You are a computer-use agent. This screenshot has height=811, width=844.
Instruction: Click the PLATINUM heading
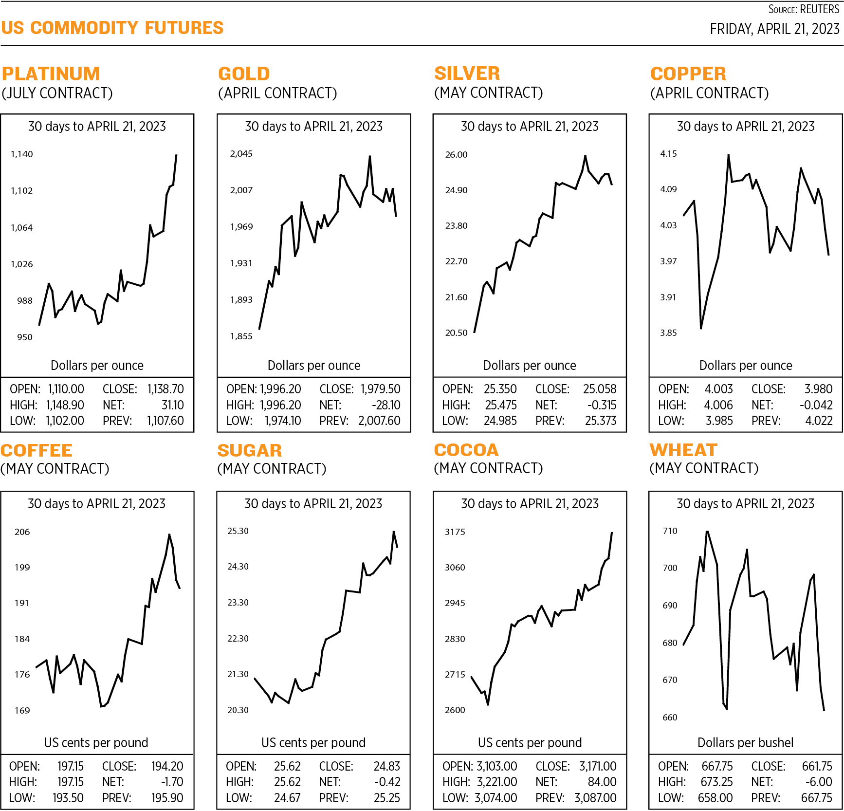[x=51, y=74]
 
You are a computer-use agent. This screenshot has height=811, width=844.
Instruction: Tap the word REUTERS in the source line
[x=820, y=9]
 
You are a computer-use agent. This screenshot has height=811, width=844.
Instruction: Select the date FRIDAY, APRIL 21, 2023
[x=774, y=29]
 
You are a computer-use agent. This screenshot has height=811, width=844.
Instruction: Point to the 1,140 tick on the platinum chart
[x=22, y=154]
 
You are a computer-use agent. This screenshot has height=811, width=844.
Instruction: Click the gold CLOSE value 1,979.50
[x=380, y=389]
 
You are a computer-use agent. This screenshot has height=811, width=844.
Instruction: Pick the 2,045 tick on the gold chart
[x=241, y=154]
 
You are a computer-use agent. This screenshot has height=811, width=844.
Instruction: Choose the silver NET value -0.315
[x=602, y=405]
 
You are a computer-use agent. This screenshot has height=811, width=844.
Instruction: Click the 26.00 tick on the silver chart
[x=456, y=155]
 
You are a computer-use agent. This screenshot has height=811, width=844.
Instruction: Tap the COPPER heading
[x=688, y=74]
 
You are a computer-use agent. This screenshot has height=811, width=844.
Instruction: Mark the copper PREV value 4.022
[x=819, y=421]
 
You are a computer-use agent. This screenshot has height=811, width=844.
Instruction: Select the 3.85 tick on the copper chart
[x=668, y=333]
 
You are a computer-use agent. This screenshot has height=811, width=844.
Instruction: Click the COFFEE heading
[x=37, y=450]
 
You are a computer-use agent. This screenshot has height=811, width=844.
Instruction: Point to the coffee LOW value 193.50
[x=68, y=798]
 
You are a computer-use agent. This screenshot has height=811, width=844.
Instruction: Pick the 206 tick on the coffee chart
[x=22, y=532]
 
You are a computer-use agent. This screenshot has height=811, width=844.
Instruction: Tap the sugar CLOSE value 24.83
[x=386, y=766]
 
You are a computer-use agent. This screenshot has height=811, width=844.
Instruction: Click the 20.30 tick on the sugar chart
[x=238, y=710]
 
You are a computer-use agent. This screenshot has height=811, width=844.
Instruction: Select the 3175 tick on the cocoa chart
[x=455, y=532]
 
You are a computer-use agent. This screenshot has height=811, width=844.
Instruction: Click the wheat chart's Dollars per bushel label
[x=745, y=742]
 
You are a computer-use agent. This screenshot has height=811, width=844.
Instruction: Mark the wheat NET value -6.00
[x=818, y=782]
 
